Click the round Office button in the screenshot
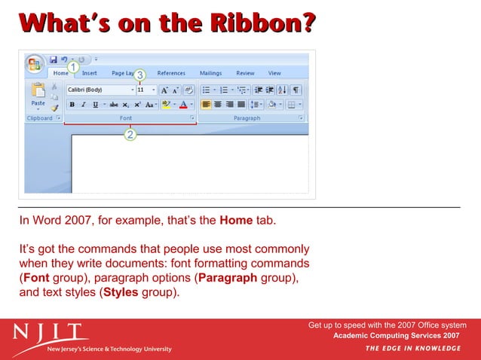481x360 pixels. pos(34,64)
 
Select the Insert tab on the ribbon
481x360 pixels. pos(89,73)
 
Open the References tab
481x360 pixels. pos(171,73)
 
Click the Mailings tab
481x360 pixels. pos(210,73)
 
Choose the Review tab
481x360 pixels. pos(245,73)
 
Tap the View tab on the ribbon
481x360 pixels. pos(274,73)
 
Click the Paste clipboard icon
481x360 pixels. pos(38,93)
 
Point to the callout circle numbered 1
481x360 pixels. pos(73,67)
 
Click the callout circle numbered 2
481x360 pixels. pos(130,135)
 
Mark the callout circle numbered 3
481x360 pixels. pos(139,75)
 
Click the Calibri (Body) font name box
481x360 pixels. pos(96,90)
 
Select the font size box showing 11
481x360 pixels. pos(143,90)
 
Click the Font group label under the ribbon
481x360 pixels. pos(126,118)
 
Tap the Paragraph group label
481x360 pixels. pos(247,118)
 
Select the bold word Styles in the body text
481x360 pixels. pos(121,292)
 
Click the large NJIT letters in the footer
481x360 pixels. pos(50,331)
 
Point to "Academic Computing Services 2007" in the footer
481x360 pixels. pos(397,335)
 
